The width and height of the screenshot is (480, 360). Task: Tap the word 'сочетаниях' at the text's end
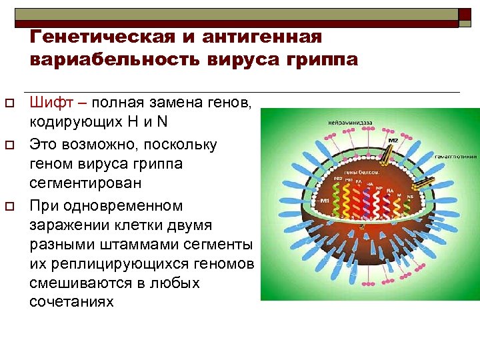pyautogui.click(x=71, y=302)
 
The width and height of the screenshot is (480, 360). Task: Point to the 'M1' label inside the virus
pyautogui.click(x=325, y=201)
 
